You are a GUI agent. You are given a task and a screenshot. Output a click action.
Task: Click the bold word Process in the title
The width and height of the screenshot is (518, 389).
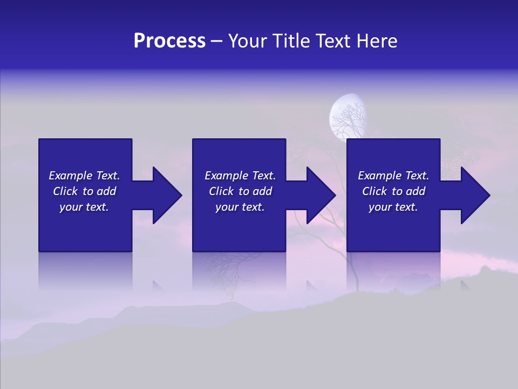tap(169, 41)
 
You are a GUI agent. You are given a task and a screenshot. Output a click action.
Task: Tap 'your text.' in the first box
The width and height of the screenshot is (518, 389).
tap(84, 207)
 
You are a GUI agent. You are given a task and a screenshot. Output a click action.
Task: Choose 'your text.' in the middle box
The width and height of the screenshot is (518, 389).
tap(240, 207)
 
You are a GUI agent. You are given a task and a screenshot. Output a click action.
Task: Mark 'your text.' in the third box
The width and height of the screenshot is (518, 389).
tap(393, 207)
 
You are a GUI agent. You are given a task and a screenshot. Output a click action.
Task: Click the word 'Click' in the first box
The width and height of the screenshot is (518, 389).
tap(65, 191)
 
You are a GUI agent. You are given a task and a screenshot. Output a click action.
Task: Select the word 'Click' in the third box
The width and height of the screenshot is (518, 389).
tap(374, 191)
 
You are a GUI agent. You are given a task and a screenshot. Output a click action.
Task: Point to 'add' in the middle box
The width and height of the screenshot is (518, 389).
tap(262, 191)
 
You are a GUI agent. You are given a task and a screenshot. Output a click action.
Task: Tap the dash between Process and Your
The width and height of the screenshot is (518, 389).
tap(216, 41)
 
